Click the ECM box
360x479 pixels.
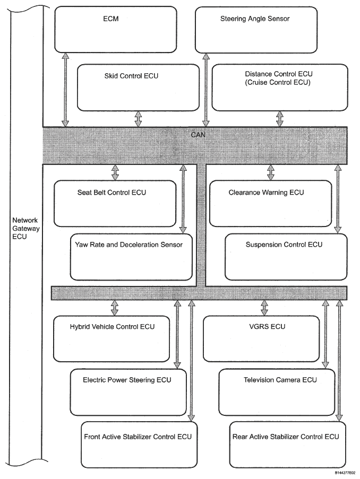point(116,30)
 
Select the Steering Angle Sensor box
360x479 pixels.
point(256,30)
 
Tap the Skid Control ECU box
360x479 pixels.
point(138,88)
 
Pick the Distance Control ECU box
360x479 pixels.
point(280,88)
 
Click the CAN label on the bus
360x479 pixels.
point(198,135)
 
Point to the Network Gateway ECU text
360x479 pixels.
point(25,228)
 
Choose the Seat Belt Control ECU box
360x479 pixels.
point(115,204)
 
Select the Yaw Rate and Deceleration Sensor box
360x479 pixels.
point(131,257)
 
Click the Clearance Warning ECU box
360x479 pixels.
point(270,204)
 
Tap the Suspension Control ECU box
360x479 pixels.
point(286,257)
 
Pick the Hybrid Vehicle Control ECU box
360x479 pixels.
point(112,339)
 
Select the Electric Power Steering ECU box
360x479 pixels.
point(128,392)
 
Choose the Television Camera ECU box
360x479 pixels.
point(277,392)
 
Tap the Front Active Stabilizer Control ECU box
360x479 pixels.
point(139,445)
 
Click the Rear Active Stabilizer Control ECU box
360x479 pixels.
point(287,445)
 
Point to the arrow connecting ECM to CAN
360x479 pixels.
point(65,90)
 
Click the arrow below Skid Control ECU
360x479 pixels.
point(138,119)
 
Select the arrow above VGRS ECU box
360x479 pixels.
point(264,308)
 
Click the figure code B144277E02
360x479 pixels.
point(345,473)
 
